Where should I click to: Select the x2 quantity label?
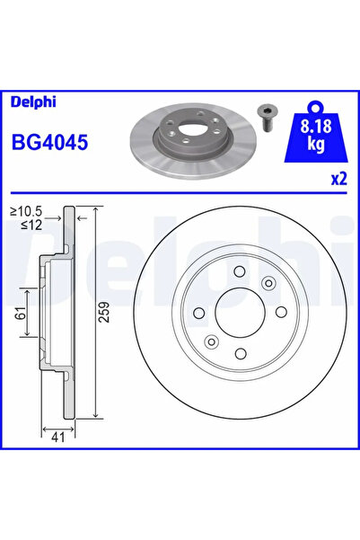tap(338, 179)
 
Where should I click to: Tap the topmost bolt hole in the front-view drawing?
tap(239, 273)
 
